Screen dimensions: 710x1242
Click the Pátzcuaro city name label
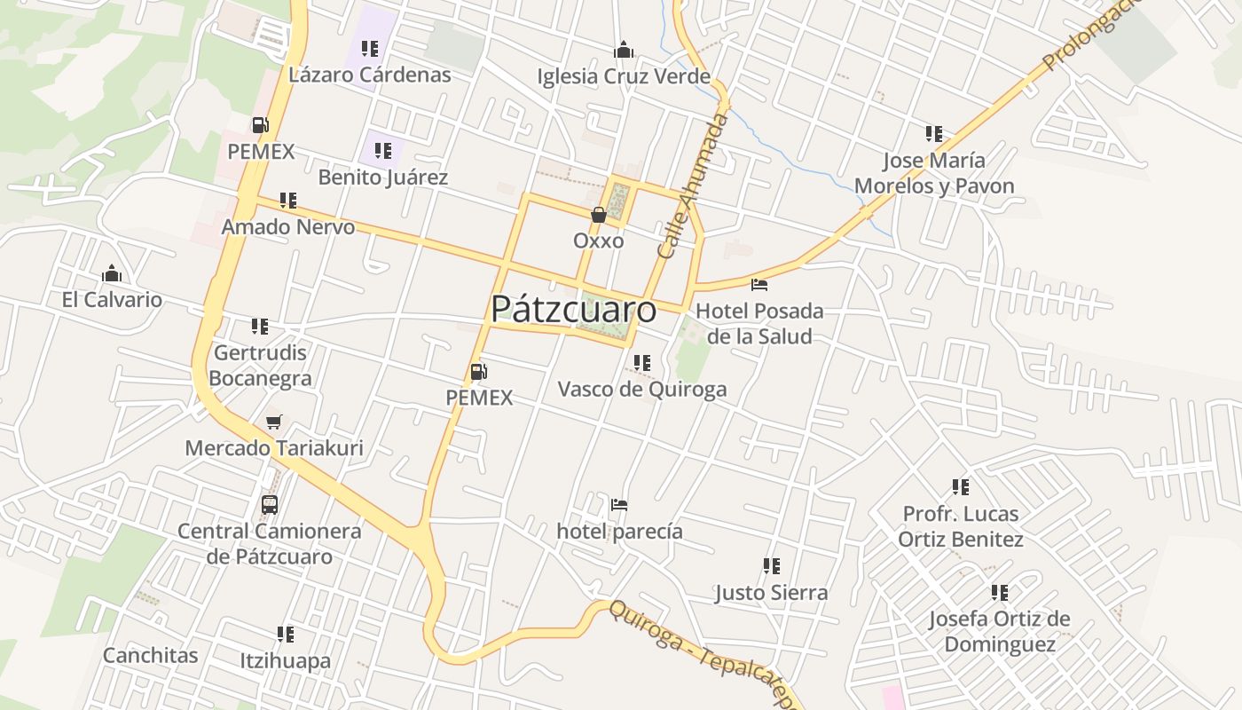point(573,309)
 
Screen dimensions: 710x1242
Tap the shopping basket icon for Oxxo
point(599,215)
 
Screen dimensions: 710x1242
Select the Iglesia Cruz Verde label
point(624,76)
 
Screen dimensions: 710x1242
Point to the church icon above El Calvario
point(112,273)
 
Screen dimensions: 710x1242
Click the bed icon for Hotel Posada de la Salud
point(759,285)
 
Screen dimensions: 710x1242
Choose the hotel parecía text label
point(619,532)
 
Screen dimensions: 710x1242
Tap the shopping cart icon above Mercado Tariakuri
point(274,422)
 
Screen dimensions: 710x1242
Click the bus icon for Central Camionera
point(270,505)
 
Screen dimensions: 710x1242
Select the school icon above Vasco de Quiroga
point(642,362)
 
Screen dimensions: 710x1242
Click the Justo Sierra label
point(771,593)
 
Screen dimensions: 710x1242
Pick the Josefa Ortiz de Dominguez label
point(1000,631)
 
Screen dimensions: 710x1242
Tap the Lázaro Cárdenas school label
point(370,75)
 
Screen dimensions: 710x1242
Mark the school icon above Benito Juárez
point(383,151)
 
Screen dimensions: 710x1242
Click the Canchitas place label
point(151,656)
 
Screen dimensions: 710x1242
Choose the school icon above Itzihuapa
point(286,635)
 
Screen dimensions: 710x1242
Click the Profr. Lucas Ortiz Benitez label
point(961,526)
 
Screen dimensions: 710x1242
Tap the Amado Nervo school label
point(287,227)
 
